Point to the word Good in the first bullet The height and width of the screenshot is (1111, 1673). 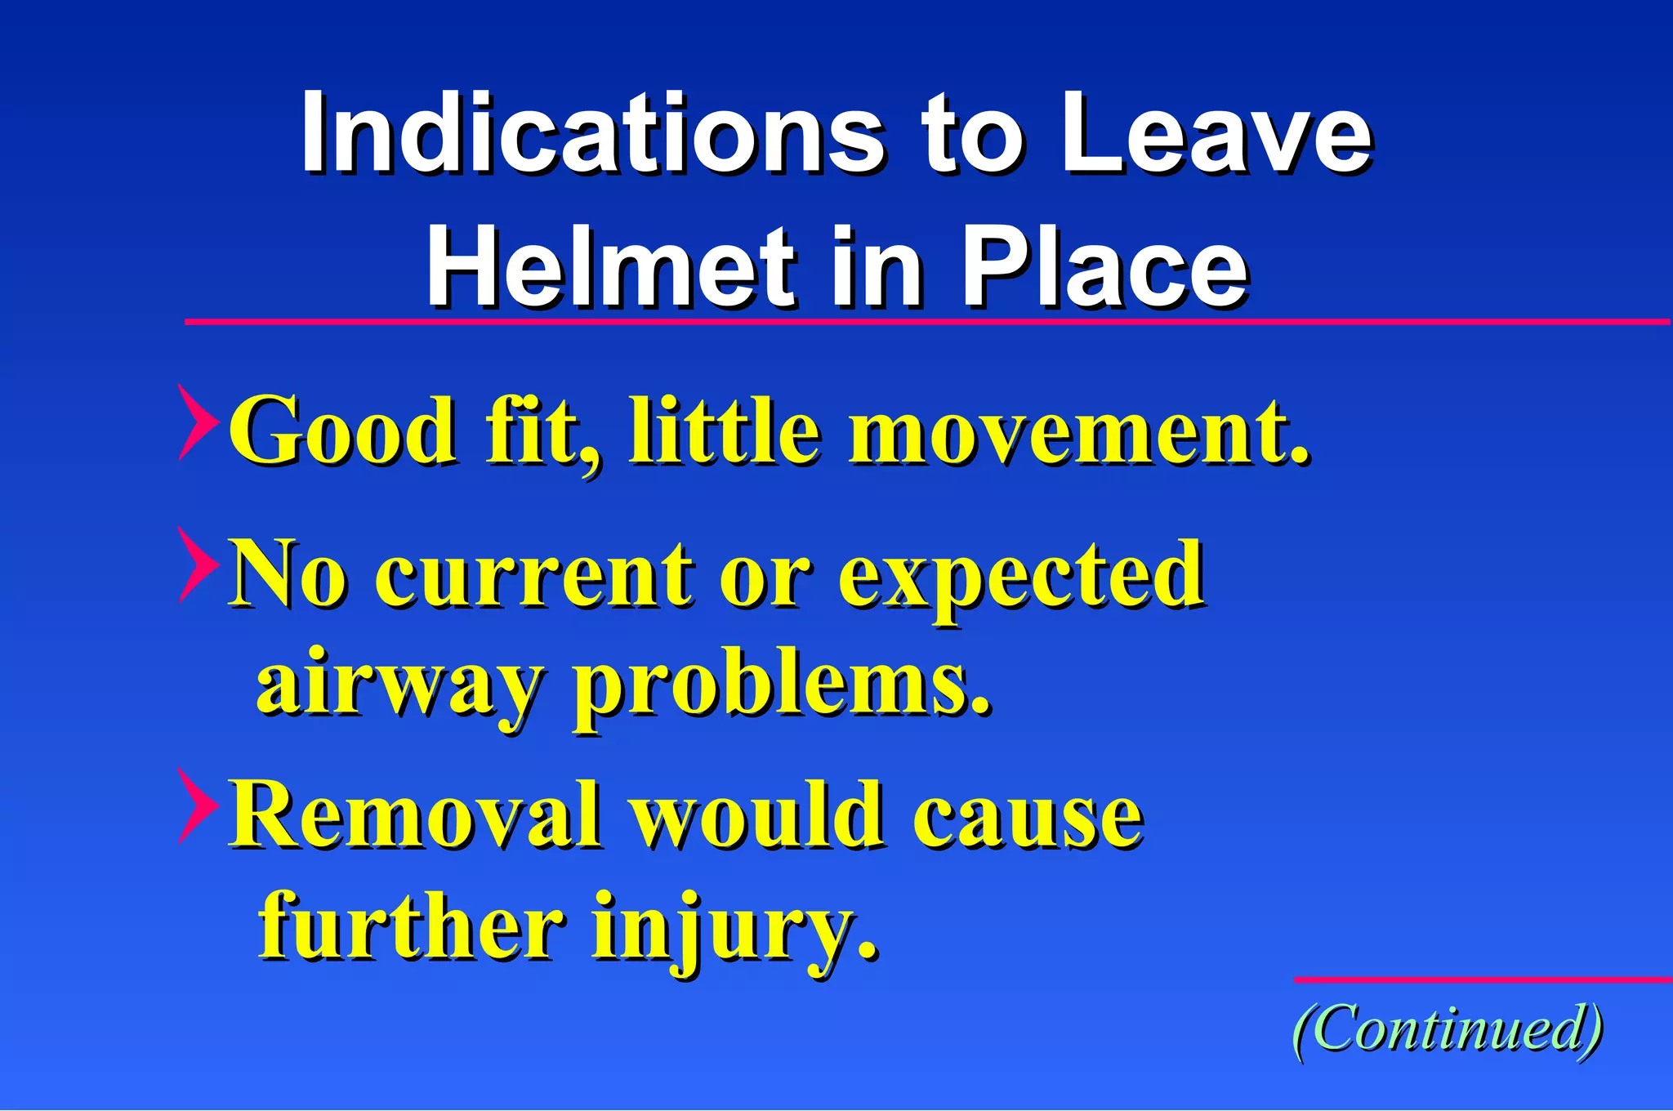pyautogui.click(x=342, y=430)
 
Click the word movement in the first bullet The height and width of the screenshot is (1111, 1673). pyautogui.click(x=1078, y=430)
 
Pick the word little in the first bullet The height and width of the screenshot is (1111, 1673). pyautogui.click(x=724, y=430)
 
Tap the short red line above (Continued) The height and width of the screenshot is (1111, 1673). pyautogui.click(x=1482, y=979)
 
